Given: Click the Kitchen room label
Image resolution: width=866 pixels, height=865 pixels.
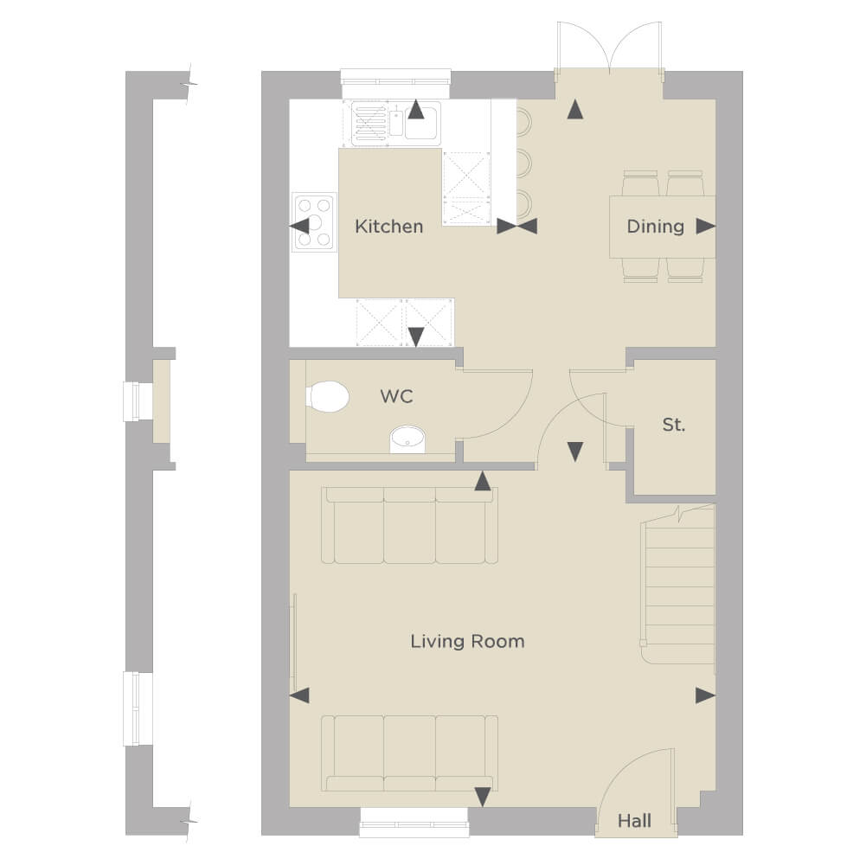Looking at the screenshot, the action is [388, 226].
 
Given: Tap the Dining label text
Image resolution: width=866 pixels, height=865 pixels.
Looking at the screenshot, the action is [656, 226].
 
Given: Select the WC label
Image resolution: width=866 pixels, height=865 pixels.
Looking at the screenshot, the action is [396, 396].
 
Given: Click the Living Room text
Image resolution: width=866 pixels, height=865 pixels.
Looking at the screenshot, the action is [467, 641].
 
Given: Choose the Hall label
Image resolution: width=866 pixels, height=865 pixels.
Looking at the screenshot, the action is [634, 821].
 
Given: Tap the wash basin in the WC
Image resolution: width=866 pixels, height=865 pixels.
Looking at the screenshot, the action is [407, 439].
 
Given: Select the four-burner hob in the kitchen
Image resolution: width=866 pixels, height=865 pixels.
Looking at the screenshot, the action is [314, 222].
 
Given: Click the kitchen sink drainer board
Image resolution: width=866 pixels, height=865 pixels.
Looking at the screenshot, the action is [369, 124].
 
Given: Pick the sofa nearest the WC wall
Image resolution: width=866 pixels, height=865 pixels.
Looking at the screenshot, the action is [409, 525].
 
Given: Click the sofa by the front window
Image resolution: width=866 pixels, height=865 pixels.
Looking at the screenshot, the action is [409, 753].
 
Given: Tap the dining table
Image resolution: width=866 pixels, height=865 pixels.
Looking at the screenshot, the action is [662, 227].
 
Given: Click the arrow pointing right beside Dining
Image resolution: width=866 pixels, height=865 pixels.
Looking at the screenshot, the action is [705, 226].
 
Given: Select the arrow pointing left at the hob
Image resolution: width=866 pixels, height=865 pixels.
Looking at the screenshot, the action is [299, 226].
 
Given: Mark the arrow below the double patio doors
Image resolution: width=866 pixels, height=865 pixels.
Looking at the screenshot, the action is [575, 109].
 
